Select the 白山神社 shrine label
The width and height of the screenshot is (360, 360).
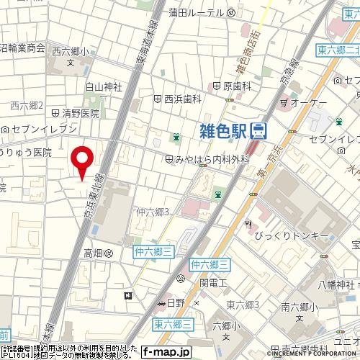click(104, 87)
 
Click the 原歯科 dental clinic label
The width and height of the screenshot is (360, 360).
click(236, 86)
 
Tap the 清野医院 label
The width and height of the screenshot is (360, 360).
click(79, 113)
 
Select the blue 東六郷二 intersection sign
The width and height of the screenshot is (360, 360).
click(338, 49)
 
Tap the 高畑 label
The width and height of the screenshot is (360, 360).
click(94, 253)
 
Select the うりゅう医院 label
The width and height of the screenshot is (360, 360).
click(27, 152)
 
